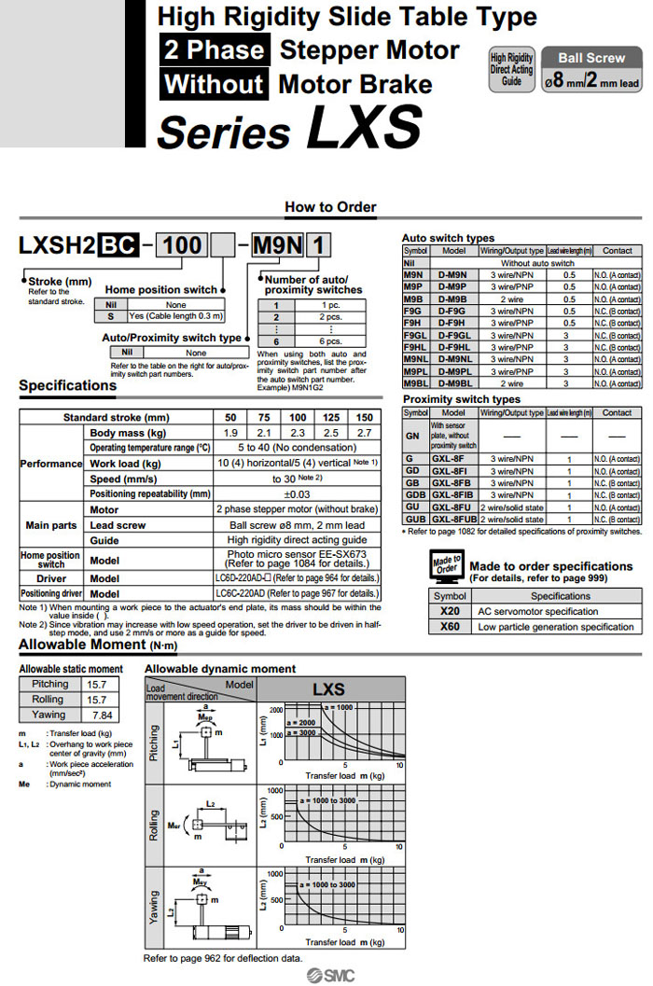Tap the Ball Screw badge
click(592, 58)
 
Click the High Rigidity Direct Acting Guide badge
click(512, 69)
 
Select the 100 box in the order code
click(182, 246)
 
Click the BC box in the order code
click(118, 246)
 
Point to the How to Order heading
click(330, 207)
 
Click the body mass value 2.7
click(365, 433)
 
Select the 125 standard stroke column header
click(331, 418)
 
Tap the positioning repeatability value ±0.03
click(297, 493)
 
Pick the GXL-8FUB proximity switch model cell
click(453, 519)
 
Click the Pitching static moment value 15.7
click(96, 684)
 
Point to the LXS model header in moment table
click(328, 690)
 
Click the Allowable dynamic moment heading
click(220, 669)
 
